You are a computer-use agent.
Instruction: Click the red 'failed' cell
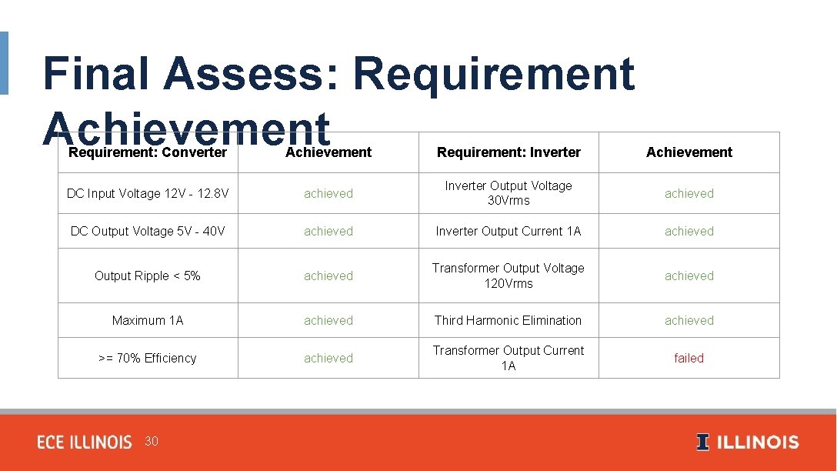click(689, 358)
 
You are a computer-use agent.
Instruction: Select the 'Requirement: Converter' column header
click(148, 152)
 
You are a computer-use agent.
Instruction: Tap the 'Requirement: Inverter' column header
click(509, 152)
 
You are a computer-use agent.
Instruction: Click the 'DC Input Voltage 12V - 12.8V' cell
click(148, 193)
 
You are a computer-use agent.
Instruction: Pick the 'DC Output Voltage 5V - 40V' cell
click(148, 231)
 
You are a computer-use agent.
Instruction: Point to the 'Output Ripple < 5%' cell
click(148, 276)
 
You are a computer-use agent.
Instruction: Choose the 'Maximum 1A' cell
click(148, 320)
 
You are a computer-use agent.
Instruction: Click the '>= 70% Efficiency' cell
click(148, 358)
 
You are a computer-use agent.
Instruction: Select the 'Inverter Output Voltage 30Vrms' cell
click(509, 193)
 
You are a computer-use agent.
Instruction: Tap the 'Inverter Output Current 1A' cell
click(509, 231)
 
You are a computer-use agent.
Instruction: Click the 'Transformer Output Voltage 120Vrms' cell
click(509, 276)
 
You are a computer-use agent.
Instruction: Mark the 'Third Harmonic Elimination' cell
click(509, 320)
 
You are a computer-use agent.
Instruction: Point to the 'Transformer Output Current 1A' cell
click(509, 358)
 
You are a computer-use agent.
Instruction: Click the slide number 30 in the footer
click(152, 441)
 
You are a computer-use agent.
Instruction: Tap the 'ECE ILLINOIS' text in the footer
click(85, 443)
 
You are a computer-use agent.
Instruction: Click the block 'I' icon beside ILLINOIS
click(702, 443)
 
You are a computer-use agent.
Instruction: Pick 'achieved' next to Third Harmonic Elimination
click(689, 320)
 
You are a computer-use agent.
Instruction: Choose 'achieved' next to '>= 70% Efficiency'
click(328, 358)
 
